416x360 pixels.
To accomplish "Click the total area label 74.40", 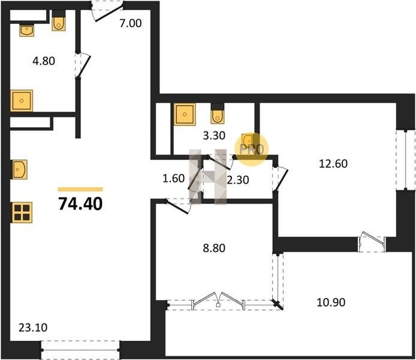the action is click(x=80, y=204).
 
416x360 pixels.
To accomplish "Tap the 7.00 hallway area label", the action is click(x=131, y=23).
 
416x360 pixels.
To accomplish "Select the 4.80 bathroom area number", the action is click(x=44, y=61).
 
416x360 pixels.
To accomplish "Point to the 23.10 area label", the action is click(x=33, y=328).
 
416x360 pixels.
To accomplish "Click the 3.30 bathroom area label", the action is click(x=214, y=136).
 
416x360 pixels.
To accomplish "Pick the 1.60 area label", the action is click(x=173, y=178).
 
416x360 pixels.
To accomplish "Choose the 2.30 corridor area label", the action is click(x=238, y=180).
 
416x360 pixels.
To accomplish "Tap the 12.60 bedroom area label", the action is click(x=333, y=164).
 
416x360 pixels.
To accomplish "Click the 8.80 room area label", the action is click(x=214, y=248).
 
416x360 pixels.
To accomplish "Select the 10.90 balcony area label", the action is click(x=331, y=302).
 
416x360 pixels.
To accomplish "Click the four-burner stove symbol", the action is click(x=22, y=212).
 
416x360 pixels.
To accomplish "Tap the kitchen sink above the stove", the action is click(x=19, y=169).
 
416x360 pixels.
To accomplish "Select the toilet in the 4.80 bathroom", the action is click(x=59, y=21).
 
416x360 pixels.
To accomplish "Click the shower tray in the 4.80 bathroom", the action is click(x=22, y=101).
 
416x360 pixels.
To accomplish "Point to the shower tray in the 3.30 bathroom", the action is click(x=185, y=114).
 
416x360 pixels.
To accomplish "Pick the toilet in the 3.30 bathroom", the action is click(x=218, y=114).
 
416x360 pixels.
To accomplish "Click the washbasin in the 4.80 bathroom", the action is click(x=26, y=31).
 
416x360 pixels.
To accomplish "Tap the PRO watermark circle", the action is click(x=252, y=149).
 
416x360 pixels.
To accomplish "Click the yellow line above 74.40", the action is click(x=80, y=189).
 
